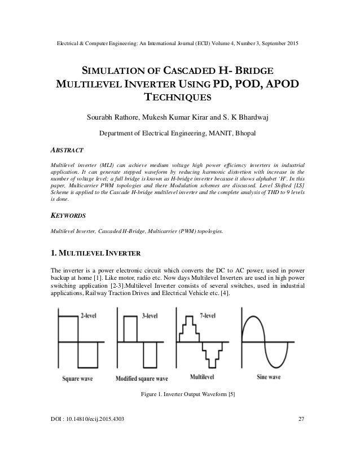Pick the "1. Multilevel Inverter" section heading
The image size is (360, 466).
coord(91,252)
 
